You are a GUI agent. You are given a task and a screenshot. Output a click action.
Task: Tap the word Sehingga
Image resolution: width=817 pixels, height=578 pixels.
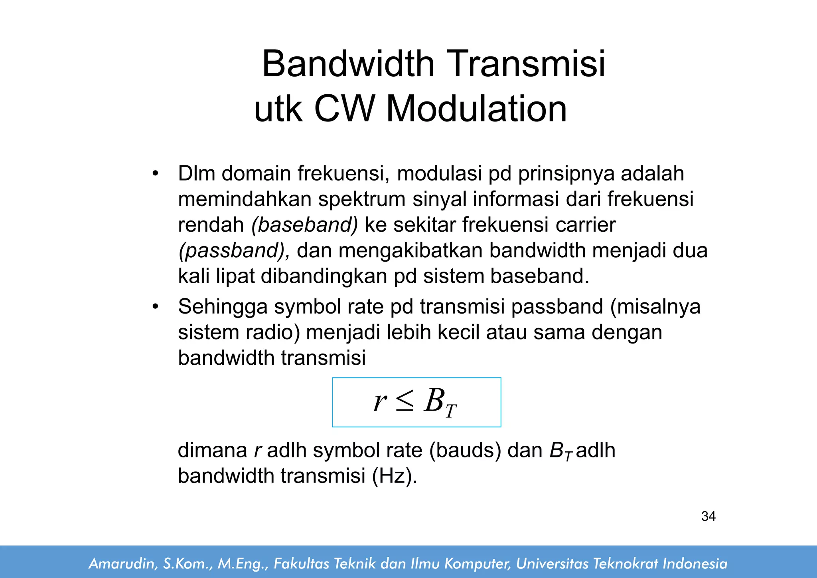(223, 307)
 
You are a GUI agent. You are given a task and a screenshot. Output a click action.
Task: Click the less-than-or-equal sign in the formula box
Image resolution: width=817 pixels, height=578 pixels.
(405, 401)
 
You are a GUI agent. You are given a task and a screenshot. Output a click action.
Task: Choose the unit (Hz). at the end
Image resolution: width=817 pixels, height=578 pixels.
(394, 476)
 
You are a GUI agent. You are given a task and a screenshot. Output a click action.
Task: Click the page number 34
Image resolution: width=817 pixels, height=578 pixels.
(708, 516)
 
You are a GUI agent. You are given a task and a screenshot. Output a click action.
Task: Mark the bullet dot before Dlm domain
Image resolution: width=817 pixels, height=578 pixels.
(155, 174)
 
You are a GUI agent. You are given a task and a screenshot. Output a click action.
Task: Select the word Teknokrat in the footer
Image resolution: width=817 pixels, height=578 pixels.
(626, 564)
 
